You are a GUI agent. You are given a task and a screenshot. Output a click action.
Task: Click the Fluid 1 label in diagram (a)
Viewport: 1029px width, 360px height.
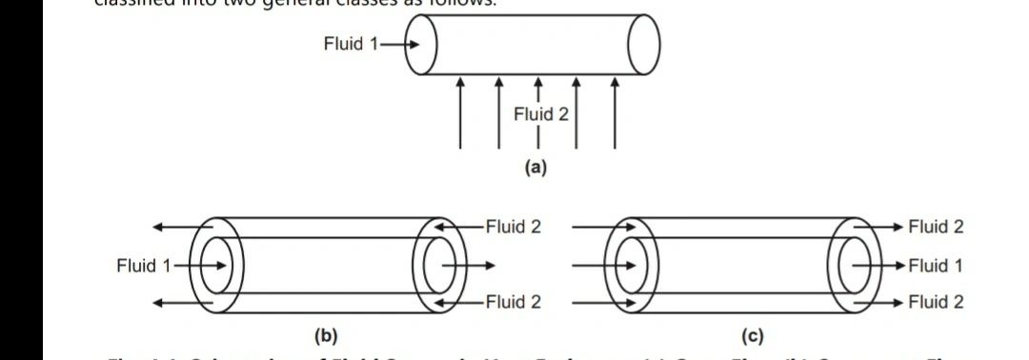click(350, 44)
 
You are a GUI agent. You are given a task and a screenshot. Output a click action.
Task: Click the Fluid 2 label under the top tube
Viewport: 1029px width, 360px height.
click(540, 114)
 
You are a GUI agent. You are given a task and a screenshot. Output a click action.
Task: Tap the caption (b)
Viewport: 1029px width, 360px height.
click(326, 335)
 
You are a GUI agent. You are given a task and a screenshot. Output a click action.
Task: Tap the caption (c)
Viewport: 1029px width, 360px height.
click(753, 335)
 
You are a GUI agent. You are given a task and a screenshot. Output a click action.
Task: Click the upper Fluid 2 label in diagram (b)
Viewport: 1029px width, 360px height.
click(513, 227)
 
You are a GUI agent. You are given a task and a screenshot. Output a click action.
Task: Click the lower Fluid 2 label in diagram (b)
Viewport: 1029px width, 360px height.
click(513, 302)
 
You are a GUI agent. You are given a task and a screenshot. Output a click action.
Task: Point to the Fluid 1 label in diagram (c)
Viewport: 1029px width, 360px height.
click(936, 265)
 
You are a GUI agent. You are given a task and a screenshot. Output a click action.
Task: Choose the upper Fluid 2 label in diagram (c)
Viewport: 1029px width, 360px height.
click(936, 227)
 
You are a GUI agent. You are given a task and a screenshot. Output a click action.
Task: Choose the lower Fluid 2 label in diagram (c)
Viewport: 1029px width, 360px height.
click(936, 302)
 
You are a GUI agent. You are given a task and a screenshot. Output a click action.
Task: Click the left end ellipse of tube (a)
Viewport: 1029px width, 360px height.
click(423, 45)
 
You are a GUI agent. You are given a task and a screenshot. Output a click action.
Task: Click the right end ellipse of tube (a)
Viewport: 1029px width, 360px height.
click(644, 45)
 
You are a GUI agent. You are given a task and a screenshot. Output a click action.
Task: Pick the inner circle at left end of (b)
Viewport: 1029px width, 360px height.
click(217, 264)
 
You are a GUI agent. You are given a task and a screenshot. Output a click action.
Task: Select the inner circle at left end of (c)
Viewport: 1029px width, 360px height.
click(627, 264)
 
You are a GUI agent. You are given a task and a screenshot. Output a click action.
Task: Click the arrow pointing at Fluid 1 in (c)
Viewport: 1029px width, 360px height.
click(878, 265)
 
